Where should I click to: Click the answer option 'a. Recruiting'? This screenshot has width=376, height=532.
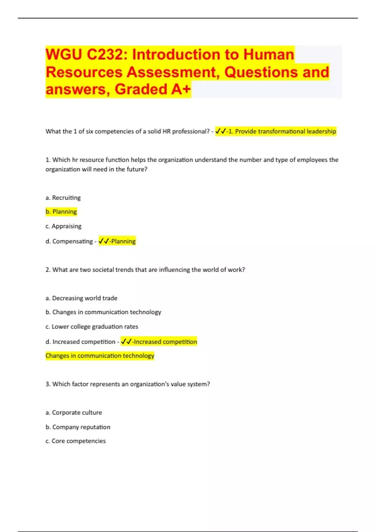pos(63,198)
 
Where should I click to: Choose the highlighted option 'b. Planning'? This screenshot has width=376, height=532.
pos(61,212)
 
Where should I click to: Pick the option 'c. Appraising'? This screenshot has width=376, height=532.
pos(63,226)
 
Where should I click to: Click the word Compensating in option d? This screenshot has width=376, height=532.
pos(72,241)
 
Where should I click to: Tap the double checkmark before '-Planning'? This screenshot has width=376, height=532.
pos(104,241)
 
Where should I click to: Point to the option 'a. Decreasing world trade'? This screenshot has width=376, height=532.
pos(81,298)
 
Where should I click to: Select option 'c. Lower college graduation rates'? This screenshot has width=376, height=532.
pos(92,327)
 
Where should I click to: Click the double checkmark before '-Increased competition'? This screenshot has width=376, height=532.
pos(126,341)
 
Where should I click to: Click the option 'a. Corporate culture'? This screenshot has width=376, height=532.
pos(74,413)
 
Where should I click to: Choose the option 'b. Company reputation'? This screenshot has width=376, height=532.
pos(78,427)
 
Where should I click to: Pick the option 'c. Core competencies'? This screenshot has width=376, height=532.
pos(76,441)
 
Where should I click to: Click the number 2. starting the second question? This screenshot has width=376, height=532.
pos(48,270)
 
